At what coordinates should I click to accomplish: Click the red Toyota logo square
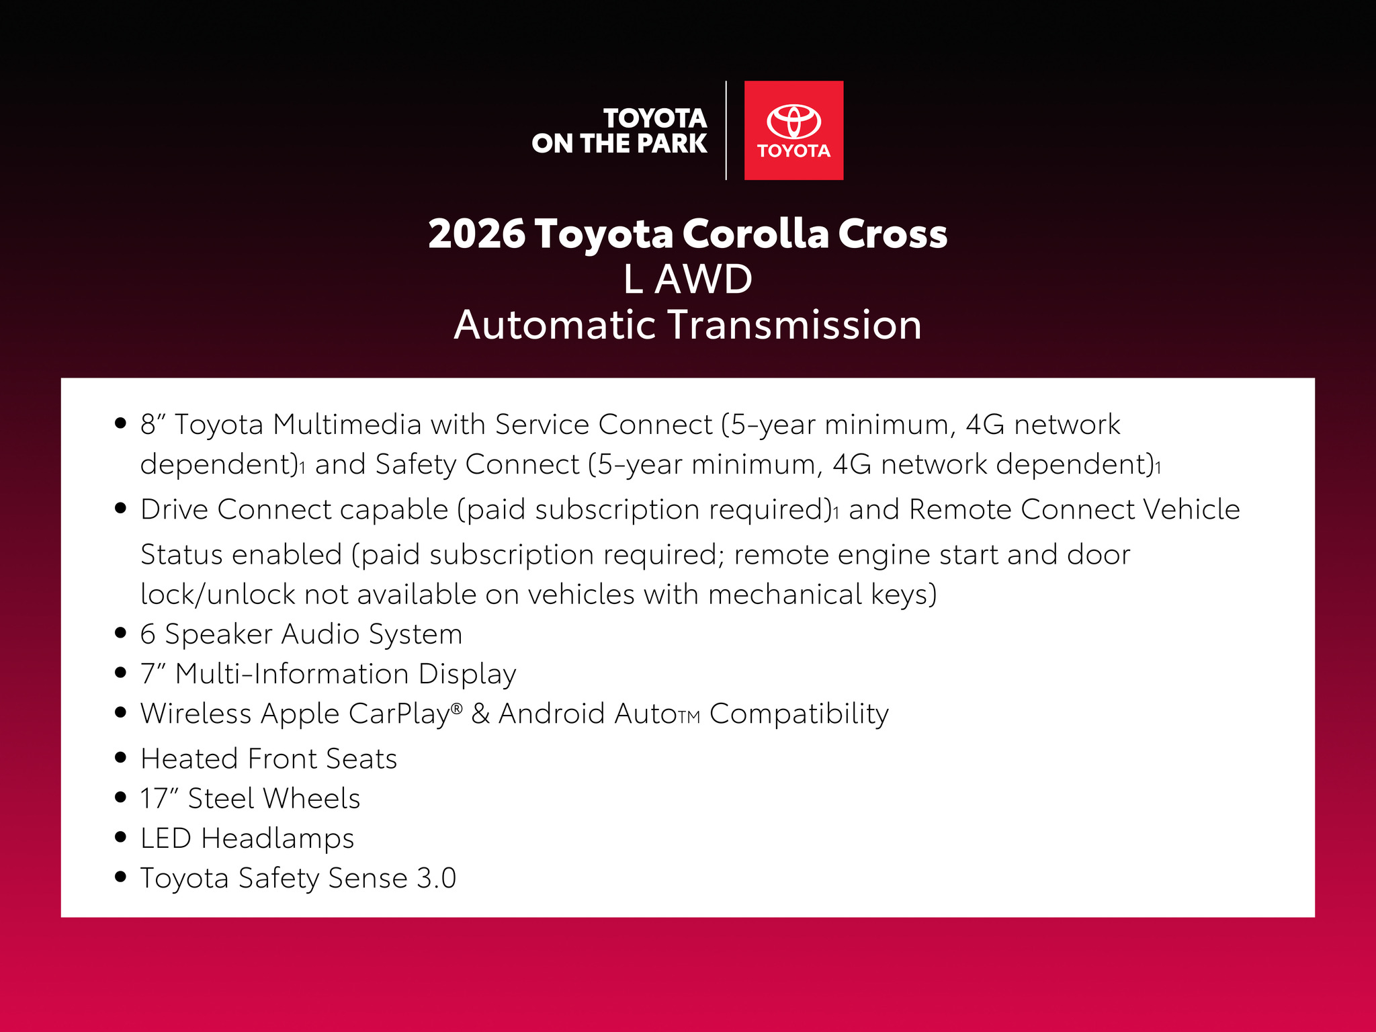click(793, 130)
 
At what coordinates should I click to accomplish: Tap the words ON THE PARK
click(619, 143)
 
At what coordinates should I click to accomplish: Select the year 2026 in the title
click(476, 234)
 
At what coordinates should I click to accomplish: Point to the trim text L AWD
click(688, 279)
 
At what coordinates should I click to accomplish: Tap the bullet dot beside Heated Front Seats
click(121, 758)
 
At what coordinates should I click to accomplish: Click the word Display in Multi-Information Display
click(467, 674)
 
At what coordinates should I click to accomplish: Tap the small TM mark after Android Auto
click(689, 718)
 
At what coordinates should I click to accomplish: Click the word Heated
click(189, 759)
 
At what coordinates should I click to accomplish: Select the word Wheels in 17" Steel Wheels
click(312, 798)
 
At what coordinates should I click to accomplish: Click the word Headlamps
click(277, 838)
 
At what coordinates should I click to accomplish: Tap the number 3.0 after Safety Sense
click(437, 878)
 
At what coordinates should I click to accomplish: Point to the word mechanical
click(785, 595)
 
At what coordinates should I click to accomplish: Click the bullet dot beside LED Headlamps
click(121, 837)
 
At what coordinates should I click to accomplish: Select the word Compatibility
click(800, 714)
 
